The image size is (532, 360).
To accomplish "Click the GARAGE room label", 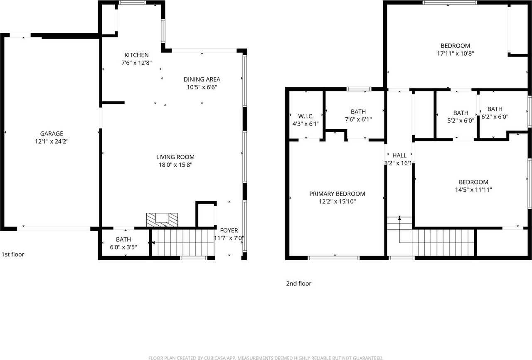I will [52, 133].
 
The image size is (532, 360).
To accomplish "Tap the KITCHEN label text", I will [136, 55].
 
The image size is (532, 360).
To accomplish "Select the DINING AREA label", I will [202, 79].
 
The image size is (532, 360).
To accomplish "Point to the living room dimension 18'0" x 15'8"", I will [175, 165].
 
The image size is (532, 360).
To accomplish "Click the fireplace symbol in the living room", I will [162, 219].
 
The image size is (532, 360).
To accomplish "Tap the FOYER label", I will [229, 230].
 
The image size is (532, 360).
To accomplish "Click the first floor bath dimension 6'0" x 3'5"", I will [123, 247].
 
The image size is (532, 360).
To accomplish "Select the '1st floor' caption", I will [13, 254].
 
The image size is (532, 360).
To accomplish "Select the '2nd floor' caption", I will [298, 284].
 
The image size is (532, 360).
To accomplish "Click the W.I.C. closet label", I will [305, 116].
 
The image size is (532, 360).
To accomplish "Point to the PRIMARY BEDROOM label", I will [337, 194].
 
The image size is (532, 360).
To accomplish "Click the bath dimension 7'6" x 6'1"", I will [358, 119].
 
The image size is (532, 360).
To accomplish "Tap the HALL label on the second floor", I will [399, 155].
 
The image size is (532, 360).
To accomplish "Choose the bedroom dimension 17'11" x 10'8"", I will [455, 53].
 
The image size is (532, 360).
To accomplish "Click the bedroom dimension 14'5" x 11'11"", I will [473, 190].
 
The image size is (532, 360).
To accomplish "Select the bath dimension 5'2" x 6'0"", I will [461, 121].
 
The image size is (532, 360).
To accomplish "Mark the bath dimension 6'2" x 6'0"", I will [495, 117].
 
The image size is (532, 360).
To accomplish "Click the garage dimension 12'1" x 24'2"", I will [52, 141].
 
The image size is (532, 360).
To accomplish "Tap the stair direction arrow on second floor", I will [399, 218].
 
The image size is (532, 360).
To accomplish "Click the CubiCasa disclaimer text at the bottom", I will [266, 358].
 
